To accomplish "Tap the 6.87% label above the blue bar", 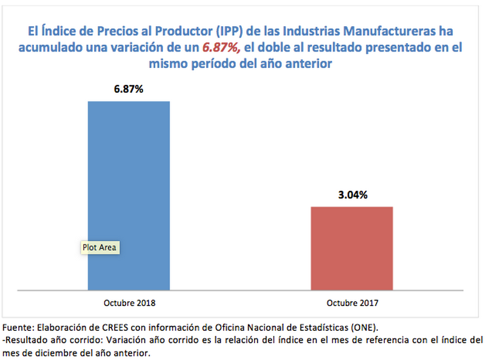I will pos(129,88).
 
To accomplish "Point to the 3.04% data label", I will pos(352,195).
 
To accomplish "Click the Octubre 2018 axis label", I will pos(129,301).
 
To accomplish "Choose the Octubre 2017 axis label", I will pos(352,301).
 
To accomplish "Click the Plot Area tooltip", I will pos(100,247).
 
